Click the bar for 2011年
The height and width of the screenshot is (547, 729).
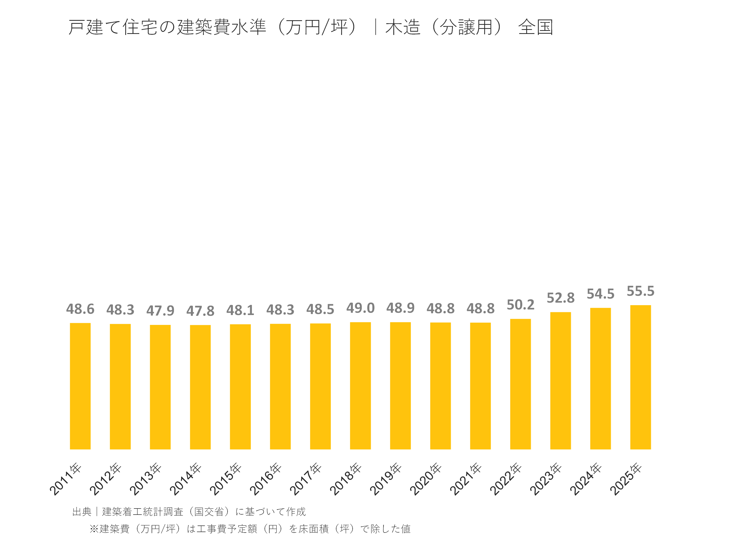tap(80, 386)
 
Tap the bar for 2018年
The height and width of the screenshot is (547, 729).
tap(360, 385)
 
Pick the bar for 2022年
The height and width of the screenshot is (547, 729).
tap(520, 384)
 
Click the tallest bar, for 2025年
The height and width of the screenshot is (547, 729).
tap(640, 377)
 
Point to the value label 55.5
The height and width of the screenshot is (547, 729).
tap(640, 291)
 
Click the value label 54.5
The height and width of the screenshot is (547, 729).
tap(600, 294)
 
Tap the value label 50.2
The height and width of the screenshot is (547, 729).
tap(520, 305)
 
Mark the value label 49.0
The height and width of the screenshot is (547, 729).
tap(360, 308)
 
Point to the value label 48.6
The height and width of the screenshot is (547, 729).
tap(80, 309)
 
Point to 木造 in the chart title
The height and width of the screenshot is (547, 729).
tap(403, 27)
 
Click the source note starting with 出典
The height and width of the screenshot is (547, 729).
tap(189, 512)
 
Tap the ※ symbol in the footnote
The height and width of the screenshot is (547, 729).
tap(94, 529)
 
